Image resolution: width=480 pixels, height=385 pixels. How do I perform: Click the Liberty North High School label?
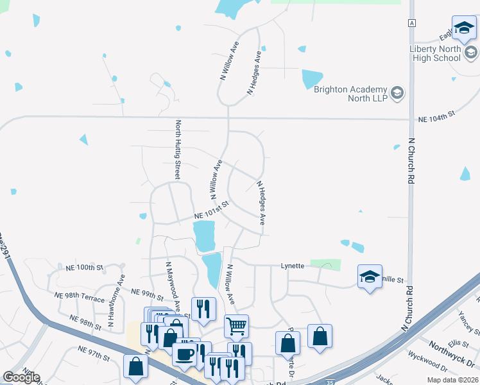coord(435,54)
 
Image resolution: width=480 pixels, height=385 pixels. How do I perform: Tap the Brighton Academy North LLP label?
coord(350,94)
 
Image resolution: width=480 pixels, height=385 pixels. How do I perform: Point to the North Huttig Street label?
coord(177,149)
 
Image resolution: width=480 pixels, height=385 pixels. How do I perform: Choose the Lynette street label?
coord(292,266)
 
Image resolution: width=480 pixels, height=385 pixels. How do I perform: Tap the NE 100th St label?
coord(84,266)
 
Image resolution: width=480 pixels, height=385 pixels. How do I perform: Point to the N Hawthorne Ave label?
coord(120,293)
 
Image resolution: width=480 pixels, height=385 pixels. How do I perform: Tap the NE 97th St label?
coord(94,353)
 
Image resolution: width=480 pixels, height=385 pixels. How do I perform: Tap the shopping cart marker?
coord(237,326)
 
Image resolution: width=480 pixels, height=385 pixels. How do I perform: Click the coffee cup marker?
coord(184,354)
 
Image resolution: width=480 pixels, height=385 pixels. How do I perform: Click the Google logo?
coord(21,377)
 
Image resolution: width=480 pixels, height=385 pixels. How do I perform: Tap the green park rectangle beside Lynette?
coord(325,264)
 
